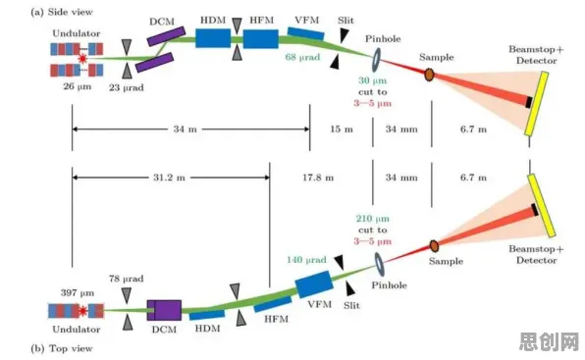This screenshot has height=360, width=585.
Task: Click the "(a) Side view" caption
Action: pos(62,12)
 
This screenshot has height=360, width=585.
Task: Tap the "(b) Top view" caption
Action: pos(62,348)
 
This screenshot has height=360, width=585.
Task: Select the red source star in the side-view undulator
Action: pos(82,58)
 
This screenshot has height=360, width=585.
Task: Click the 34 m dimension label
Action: pos(186,129)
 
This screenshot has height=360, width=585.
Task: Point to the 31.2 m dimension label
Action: pos(169,178)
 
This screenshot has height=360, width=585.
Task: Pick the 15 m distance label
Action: pos(342,129)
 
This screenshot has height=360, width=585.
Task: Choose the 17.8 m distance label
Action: pos(318,178)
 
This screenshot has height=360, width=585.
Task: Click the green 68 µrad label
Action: pos(302,57)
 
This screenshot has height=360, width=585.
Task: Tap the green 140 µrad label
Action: pos(306,260)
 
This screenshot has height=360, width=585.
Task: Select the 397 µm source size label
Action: pos(78,293)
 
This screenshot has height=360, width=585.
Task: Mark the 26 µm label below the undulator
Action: pos(78,86)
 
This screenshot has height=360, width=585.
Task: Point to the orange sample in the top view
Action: pos(434,246)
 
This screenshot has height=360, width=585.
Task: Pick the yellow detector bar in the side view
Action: pos(537,103)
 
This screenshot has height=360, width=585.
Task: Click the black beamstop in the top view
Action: pos(535,210)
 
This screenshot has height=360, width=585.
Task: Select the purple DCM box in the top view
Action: pos(164,310)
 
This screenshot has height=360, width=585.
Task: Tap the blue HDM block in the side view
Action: pos(213,38)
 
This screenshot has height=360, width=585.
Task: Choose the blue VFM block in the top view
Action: pos(314,283)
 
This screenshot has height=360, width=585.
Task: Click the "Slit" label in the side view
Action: pos(346,21)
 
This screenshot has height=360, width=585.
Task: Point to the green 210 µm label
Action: pos(372,219)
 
